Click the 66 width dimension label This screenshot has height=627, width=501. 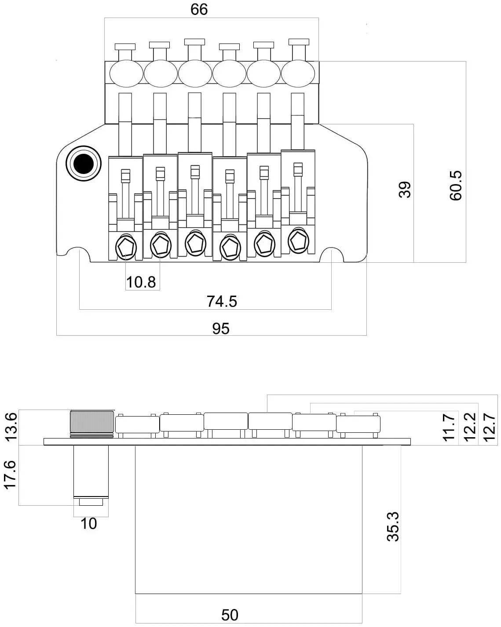tap(199, 10)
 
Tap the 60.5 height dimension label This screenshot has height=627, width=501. tap(456, 185)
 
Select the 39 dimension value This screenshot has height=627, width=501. tap(405, 190)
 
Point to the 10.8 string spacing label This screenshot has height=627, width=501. tap(141, 282)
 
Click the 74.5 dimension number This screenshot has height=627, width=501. tap(222, 301)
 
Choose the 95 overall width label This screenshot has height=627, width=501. tap(221, 329)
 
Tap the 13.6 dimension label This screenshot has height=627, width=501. tap(12, 427)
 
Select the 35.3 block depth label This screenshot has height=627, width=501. tap(393, 526)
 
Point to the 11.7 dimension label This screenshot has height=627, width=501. tap(449, 427)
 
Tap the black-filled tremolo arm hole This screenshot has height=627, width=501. tap(84, 164)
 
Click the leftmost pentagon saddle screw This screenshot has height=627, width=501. tap(126, 248)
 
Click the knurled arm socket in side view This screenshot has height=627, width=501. tap(92, 423)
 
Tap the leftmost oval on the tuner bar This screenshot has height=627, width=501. tap(126, 74)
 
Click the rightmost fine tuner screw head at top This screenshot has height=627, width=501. tap(299, 42)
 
